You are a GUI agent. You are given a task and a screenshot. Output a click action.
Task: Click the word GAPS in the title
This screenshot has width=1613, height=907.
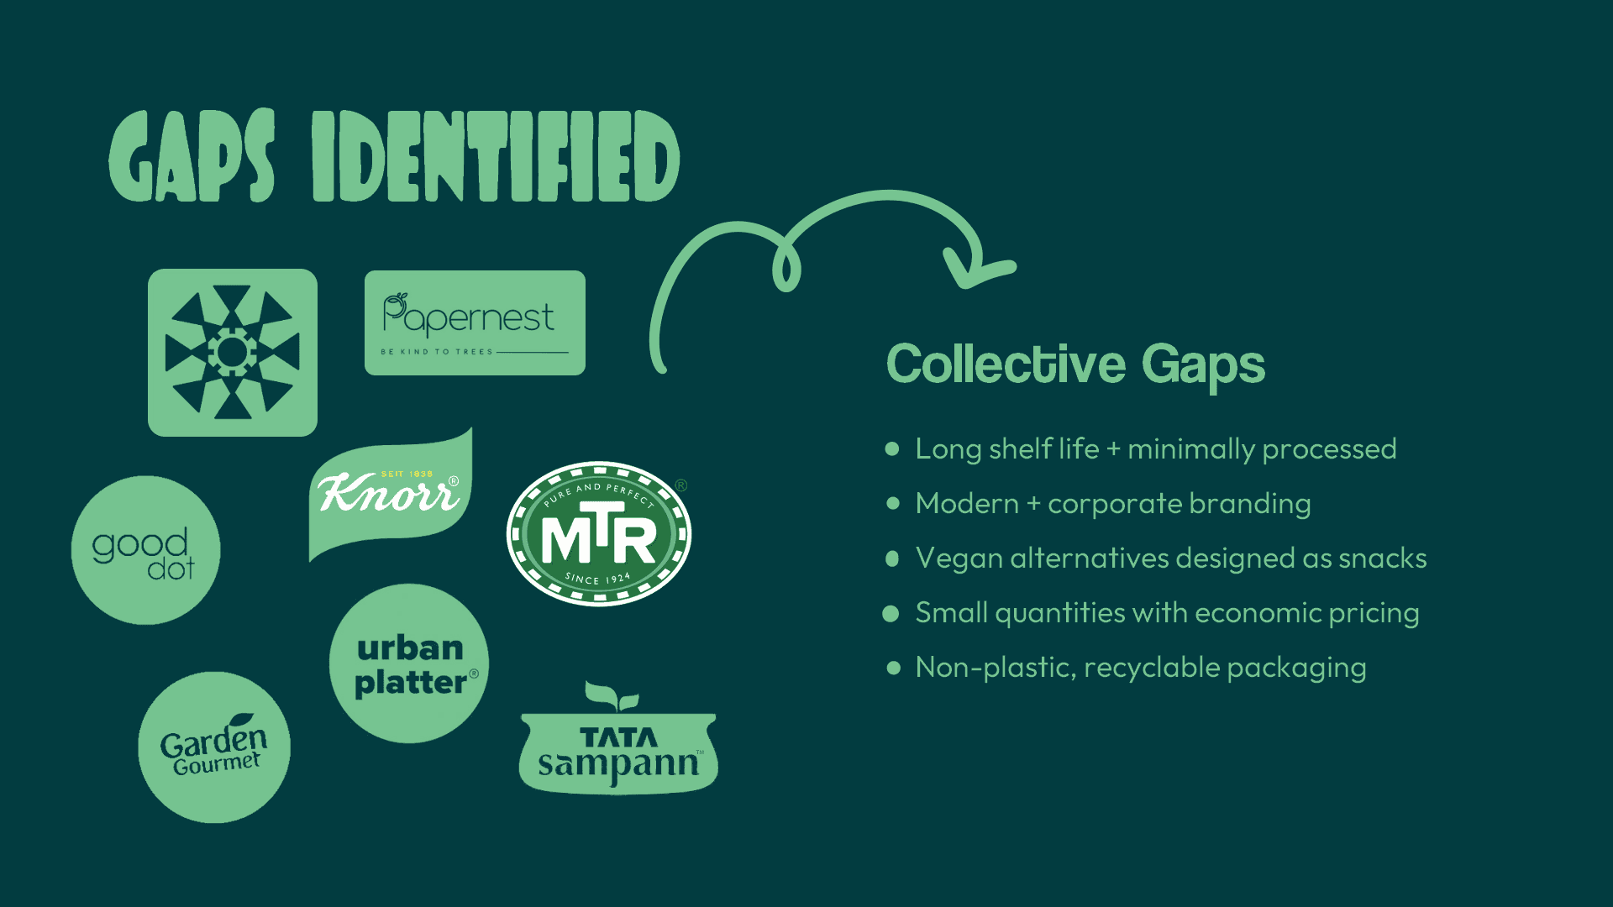point(192,157)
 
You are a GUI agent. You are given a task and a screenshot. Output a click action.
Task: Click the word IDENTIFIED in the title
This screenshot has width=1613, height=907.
point(496,157)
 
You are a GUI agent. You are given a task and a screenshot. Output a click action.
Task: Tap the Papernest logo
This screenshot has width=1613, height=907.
point(475,322)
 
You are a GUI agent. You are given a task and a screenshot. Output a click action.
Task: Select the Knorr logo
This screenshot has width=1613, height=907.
point(390,495)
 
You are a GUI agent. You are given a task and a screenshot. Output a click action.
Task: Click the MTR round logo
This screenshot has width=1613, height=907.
point(598,533)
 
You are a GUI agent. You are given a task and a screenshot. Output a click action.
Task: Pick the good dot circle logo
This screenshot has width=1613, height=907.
point(145,550)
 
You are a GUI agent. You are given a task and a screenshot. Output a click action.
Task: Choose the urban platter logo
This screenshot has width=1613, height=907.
point(409,663)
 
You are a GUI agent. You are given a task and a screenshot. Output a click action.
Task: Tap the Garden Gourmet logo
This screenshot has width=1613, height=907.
point(214,747)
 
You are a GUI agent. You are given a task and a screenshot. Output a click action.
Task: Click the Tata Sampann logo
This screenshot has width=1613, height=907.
point(618,752)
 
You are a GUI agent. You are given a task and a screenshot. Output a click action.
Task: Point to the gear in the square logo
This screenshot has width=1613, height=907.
point(233,353)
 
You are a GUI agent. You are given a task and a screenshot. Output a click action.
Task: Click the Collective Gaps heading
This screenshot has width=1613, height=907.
point(1075,364)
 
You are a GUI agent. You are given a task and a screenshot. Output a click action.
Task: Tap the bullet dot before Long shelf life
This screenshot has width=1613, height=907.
point(892,449)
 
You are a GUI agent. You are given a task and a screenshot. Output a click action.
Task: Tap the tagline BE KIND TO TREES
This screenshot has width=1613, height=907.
point(436,352)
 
